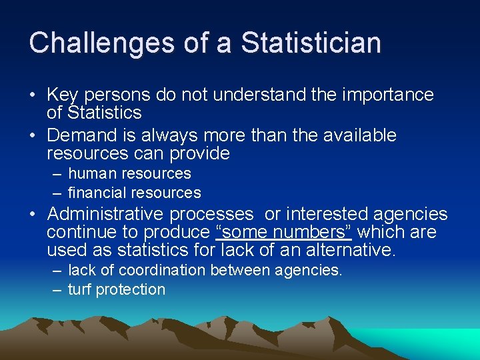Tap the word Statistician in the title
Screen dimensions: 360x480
tap(311, 43)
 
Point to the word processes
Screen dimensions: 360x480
tap(211, 215)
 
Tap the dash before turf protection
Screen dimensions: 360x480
tap(56, 290)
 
